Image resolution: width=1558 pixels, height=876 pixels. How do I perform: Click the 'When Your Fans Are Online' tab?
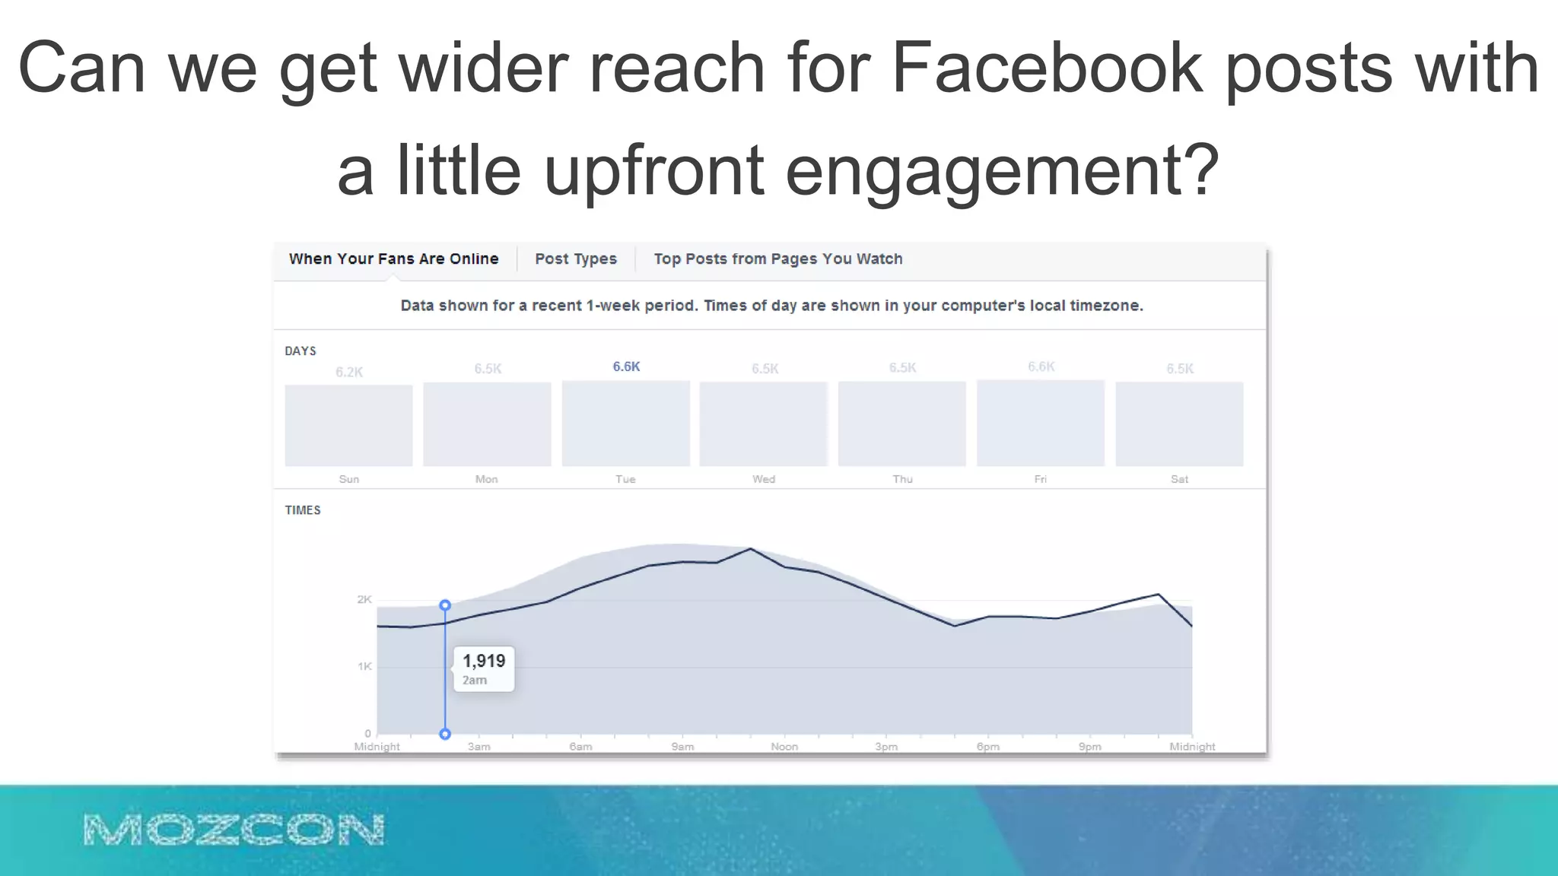[393, 259]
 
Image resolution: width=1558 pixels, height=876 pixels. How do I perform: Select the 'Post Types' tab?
[576, 259]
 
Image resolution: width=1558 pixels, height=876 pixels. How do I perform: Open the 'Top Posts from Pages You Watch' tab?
[777, 259]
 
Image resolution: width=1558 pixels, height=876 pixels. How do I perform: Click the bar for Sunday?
[348, 425]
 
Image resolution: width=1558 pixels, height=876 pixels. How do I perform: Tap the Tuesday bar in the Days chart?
[625, 424]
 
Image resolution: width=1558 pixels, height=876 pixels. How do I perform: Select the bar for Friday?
[1040, 423]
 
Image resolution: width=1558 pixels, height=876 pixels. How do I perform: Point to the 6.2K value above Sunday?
[349, 372]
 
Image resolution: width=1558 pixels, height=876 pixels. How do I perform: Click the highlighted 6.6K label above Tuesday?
[626, 367]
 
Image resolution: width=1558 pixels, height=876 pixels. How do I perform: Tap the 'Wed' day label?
[764, 479]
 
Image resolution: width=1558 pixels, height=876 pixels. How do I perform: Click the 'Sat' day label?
[1179, 479]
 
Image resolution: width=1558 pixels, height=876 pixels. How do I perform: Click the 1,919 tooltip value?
[484, 661]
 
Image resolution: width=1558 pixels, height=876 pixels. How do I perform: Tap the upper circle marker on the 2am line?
[445, 605]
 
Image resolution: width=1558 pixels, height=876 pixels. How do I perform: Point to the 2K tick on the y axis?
[364, 599]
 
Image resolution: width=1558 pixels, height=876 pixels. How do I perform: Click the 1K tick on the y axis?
[364, 666]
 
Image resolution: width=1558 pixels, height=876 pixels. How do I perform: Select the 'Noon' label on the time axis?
[784, 747]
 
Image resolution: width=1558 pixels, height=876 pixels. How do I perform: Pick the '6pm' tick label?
[987, 747]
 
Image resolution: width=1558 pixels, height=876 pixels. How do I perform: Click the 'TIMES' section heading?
[303, 510]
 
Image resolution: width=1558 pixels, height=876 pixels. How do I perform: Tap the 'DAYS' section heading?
[300, 351]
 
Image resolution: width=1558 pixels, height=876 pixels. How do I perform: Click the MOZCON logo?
[234, 830]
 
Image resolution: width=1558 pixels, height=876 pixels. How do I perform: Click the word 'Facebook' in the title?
[1047, 68]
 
